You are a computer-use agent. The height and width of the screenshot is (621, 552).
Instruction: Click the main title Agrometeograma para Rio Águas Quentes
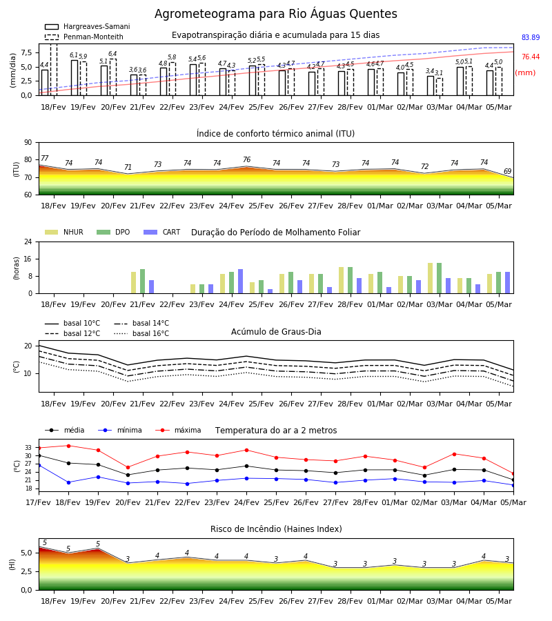(x=275, y=14)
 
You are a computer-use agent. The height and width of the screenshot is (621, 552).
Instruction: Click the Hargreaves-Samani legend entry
(x=88, y=26)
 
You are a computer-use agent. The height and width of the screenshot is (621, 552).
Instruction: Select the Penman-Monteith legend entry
(x=84, y=37)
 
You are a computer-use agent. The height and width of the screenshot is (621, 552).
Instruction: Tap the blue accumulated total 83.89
(x=531, y=38)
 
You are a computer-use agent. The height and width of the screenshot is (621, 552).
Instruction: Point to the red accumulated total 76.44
(x=531, y=57)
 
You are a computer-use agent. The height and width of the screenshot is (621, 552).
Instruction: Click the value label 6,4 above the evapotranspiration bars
(x=112, y=54)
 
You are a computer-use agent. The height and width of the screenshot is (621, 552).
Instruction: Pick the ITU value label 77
(x=45, y=159)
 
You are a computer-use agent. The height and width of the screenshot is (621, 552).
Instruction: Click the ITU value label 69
(x=507, y=172)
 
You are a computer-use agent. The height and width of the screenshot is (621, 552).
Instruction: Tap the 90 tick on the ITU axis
(x=28, y=143)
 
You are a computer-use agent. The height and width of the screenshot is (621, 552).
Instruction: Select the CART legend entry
(x=162, y=232)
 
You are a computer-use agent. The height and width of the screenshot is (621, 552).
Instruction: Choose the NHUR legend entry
(x=64, y=232)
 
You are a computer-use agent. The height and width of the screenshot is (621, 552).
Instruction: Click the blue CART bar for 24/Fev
(x=240, y=282)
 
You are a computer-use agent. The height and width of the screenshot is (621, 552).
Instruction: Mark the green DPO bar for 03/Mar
(x=439, y=278)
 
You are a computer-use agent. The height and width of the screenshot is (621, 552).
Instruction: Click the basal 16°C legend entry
(x=141, y=333)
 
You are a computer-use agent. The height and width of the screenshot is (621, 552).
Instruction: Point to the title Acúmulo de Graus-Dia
(x=276, y=332)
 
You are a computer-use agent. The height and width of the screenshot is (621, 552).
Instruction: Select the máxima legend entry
(x=178, y=430)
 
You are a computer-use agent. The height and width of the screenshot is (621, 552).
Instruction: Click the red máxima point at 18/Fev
(x=68, y=446)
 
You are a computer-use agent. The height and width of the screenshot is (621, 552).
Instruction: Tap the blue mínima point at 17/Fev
(x=39, y=465)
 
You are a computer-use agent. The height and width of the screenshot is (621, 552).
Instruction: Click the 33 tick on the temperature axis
(x=28, y=448)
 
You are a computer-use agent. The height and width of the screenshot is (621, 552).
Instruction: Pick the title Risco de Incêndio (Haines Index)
(x=276, y=529)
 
